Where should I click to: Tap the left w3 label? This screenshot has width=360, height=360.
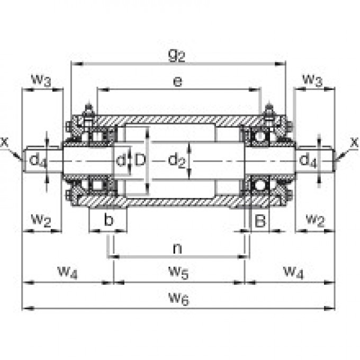[x=41, y=80]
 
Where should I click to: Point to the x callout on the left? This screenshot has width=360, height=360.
[x=5, y=141]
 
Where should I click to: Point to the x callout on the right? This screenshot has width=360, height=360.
[x=353, y=141]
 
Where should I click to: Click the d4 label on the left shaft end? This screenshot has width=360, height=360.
[x=38, y=160]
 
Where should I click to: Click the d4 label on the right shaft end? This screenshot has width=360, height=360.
[x=309, y=160]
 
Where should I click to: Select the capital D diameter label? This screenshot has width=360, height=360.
[x=139, y=160]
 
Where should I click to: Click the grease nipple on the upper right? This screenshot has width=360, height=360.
[x=269, y=112]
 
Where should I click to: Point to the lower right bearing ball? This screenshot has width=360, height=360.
[x=260, y=185]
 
